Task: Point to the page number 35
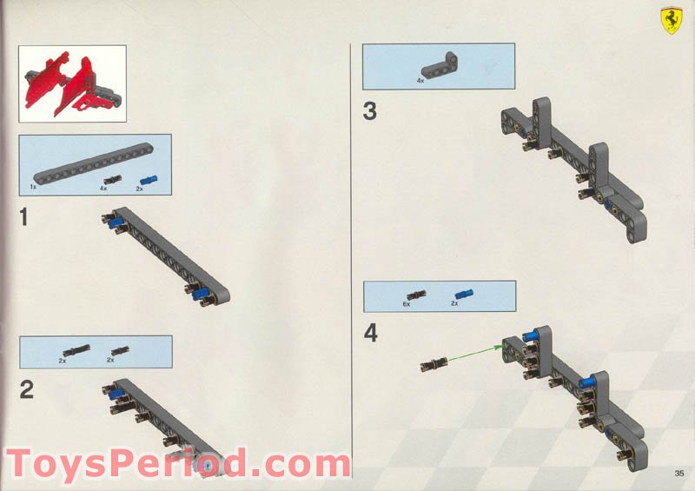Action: pos(678,474)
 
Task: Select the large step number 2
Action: pos(27,390)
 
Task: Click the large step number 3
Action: pos(370,112)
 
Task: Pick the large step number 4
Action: pos(371,333)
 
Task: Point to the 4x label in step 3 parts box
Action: pos(420,81)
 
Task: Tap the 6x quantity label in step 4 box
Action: pos(406,305)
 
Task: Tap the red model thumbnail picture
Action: pos(73,83)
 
